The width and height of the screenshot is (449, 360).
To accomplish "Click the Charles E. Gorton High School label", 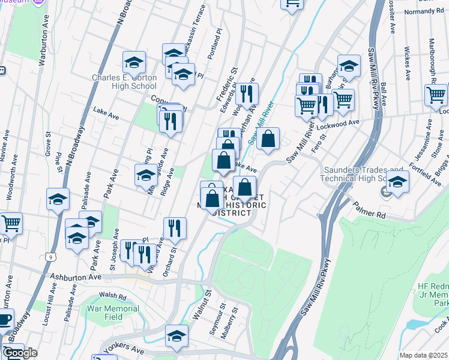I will coord(124,82).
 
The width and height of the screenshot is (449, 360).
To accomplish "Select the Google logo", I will coord(20,353).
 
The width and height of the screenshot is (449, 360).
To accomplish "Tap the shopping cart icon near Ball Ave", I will coord(436,95).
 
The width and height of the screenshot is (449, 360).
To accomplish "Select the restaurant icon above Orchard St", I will coord(175,228).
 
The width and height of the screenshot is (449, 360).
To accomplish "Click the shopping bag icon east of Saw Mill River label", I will coord(268,138).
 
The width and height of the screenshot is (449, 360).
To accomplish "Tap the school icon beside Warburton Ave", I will coord(58,199).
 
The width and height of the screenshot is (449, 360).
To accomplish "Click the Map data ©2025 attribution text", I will coord(423,355).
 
